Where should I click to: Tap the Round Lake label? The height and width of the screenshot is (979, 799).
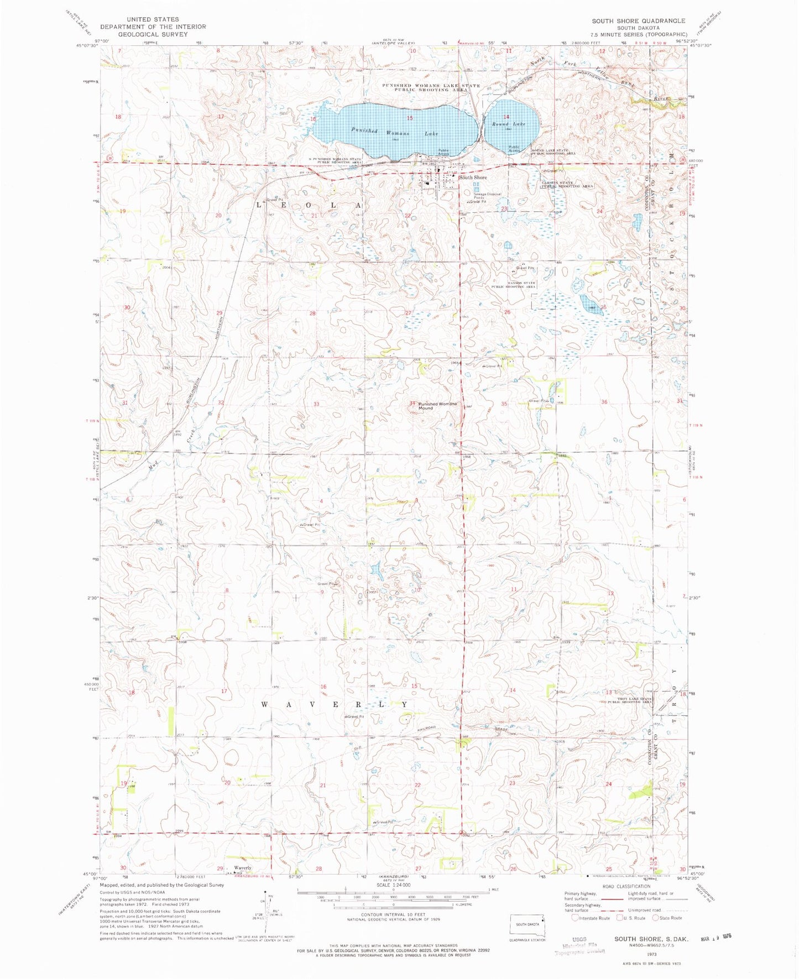click(509, 124)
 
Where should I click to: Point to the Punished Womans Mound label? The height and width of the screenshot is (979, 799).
click(437, 406)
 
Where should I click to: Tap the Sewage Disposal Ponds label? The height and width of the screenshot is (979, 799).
click(487, 196)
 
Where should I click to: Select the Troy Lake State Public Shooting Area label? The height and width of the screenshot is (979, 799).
click(630, 700)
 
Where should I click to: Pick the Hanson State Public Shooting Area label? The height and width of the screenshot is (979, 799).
click(514, 285)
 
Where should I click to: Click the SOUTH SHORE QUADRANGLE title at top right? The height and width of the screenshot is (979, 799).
click(638, 21)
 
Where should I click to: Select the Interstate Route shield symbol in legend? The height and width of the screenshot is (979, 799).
click(575, 918)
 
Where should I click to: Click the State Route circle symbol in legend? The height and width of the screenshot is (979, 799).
click(656, 918)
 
